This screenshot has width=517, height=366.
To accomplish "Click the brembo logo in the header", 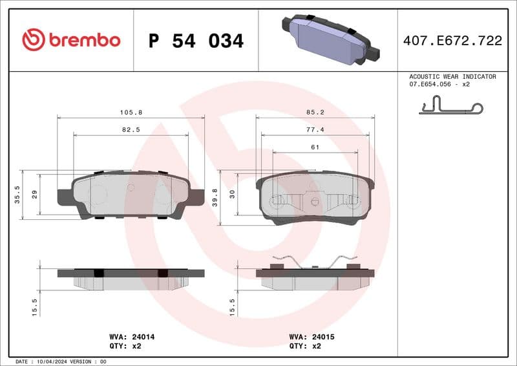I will (71, 40).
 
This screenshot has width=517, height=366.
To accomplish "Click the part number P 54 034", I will (196, 41).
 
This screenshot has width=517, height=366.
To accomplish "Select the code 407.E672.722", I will (452, 41).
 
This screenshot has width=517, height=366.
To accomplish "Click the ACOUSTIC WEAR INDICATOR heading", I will (452, 76).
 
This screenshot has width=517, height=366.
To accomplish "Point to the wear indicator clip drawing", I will (450, 105).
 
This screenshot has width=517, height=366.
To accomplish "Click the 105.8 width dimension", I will (131, 113).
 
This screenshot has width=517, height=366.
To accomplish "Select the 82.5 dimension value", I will (131, 130).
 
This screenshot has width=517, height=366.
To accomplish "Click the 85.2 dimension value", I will (315, 113).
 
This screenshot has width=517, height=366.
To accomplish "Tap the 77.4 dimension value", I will (315, 130).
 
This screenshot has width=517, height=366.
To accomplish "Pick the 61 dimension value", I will (315, 147).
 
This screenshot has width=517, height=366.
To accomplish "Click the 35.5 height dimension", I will (17, 195).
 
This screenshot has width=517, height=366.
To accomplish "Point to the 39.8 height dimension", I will (215, 197).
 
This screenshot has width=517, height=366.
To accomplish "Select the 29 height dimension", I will (34, 194).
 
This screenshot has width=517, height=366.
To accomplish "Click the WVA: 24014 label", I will (132, 337).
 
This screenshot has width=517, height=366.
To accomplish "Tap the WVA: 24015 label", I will (311, 337).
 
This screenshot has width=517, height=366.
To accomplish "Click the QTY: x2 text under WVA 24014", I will (127, 346).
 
